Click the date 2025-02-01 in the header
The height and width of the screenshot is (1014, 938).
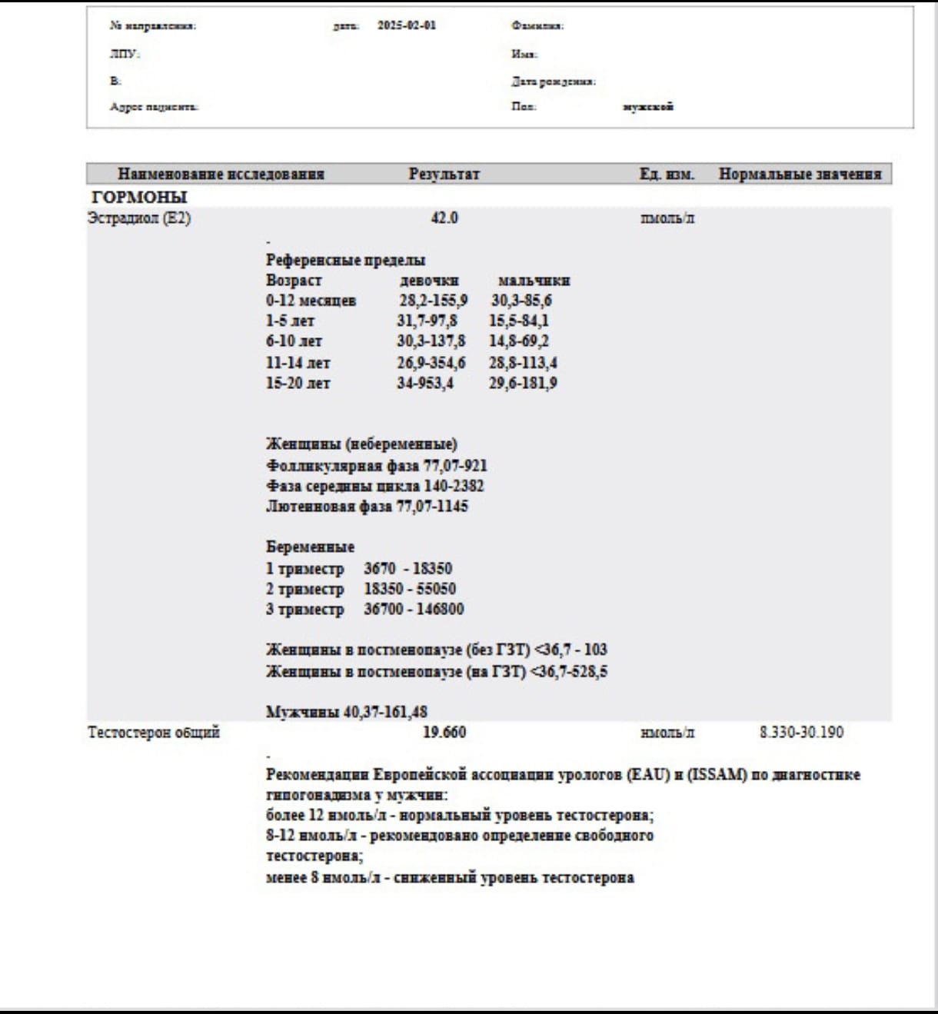tap(406, 25)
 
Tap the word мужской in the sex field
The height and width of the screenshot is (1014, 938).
tap(648, 107)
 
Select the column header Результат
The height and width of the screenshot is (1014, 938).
tap(444, 174)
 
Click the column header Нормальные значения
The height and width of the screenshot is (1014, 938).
tap(800, 174)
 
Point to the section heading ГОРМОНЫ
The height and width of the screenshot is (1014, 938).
tap(139, 197)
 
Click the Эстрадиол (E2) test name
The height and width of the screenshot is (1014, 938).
tap(139, 218)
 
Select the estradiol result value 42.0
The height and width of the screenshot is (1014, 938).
tap(444, 218)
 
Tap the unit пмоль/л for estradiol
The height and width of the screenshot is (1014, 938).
tap(667, 218)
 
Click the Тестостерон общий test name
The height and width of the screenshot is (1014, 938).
tap(154, 732)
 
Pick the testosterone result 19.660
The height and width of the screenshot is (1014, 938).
tap(444, 732)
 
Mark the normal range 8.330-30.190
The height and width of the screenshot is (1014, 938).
tap(801, 732)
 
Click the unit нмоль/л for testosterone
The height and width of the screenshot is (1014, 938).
tap(667, 733)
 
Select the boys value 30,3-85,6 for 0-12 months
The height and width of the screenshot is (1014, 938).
tap(521, 301)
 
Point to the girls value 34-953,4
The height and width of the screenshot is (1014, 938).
tap(425, 383)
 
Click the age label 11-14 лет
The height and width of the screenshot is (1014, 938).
tap(298, 363)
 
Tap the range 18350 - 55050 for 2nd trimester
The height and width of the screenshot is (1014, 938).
tap(410, 589)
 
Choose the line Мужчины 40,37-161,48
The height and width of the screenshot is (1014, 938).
tap(347, 712)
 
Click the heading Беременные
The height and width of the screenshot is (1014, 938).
tap(311, 547)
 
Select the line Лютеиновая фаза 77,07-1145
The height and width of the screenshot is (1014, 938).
tap(367, 506)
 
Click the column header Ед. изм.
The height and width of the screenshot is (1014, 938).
tap(667, 174)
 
